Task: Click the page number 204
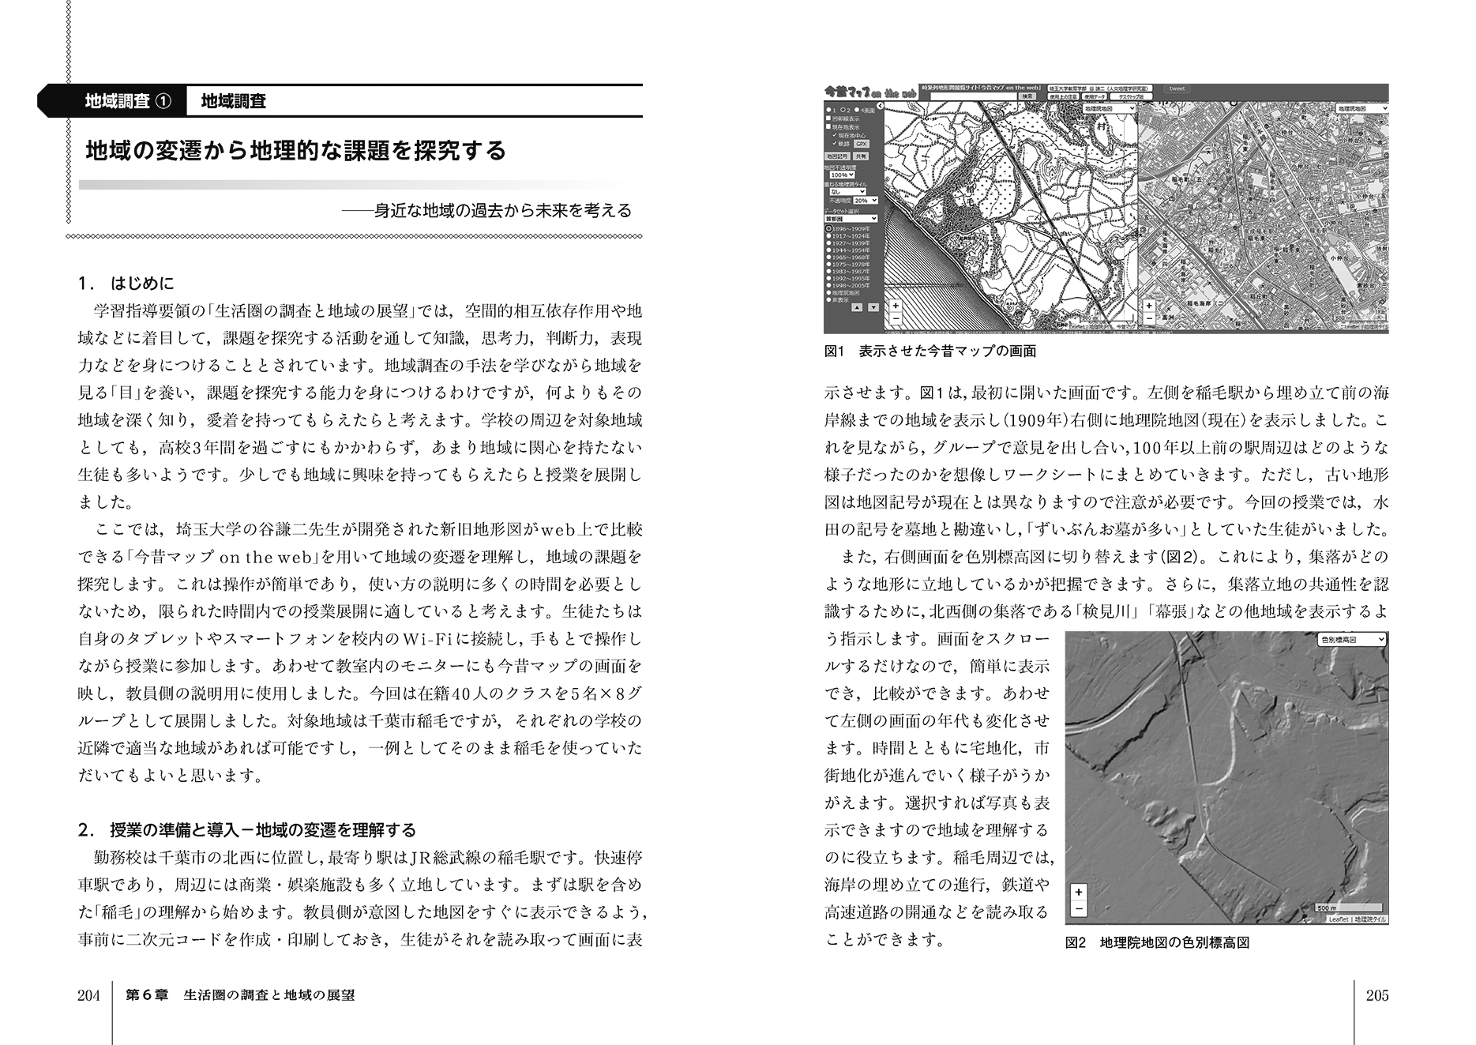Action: pyautogui.click(x=88, y=995)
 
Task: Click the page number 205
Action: pyautogui.click(x=1376, y=995)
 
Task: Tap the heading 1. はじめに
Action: pyautogui.click(x=126, y=283)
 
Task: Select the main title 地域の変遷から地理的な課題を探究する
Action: pyautogui.click(x=295, y=150)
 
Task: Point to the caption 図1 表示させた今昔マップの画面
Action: pyautogui.click(x=930, y=351)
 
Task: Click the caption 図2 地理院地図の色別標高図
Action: pyautogui.click(x=1157, y=942)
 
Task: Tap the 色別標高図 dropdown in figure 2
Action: pyautogui.click(x=1352, y=639)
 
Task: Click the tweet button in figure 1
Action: pyautogui.click(x=1177, y=89)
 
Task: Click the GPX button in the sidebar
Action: pyautogui.click(x=861, y=144)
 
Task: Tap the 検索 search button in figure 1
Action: pyautogui.click(x=1027, y=96)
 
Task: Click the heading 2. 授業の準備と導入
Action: pyautogui.click(x=247, y=829)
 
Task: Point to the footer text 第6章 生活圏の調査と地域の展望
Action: pyautogui.click(x=240, y=995)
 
